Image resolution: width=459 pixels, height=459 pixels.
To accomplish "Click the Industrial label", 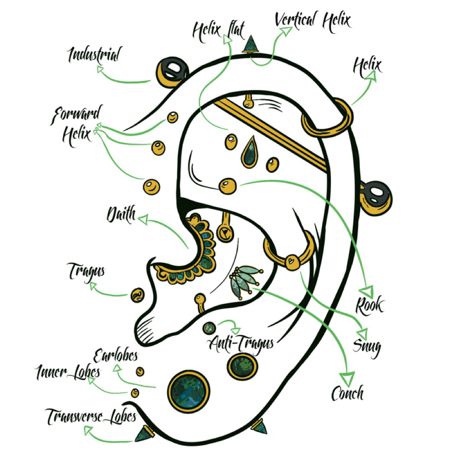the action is (x=95, y=55).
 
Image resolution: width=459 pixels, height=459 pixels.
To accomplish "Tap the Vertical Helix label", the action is (x=313, y=21).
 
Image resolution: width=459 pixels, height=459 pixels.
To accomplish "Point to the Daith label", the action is (x=121, y=214).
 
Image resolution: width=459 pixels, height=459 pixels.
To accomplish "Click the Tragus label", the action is (x=86, y=272).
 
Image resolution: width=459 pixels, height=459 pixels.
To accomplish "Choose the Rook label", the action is (x=369, y=305).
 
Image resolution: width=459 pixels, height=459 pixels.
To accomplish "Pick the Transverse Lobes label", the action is (x=91, y=416).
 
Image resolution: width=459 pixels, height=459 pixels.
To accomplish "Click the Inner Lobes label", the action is (x=67, y=372).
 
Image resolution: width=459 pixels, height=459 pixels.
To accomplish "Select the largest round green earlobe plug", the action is (x=189, y=392).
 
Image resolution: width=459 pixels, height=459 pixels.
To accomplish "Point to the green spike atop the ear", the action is (x=251, y=44).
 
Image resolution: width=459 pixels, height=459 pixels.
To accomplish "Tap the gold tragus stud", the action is (x=137, y=295).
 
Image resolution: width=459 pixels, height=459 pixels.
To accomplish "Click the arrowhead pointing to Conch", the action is (x=347, y=379).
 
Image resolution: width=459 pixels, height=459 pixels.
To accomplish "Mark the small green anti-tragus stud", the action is (x=209, y=328).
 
